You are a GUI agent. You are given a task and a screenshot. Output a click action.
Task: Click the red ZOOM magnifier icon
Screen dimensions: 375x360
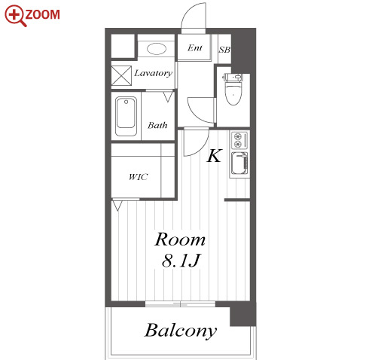point(16,16)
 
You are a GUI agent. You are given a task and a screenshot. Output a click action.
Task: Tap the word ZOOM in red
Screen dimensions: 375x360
point(43,14)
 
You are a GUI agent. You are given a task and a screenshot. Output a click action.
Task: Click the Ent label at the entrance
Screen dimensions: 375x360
point(195,47)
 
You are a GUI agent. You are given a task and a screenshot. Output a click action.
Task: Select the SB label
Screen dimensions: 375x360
point(224,50)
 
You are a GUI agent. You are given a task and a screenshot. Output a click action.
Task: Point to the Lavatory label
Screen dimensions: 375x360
point(153,73)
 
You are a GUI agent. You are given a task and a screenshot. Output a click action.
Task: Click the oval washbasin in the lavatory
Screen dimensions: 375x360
point(157,49)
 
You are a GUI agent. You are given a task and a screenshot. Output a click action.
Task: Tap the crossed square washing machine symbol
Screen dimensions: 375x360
point(121,75)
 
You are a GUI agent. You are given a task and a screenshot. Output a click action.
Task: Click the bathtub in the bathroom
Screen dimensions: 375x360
point(126,116)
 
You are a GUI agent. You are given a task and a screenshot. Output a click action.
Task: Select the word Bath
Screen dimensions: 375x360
point(157,125)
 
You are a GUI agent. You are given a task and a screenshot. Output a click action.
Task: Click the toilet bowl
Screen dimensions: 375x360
point(233,93)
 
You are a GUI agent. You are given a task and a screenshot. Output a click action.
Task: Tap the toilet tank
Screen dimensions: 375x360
point(233,77)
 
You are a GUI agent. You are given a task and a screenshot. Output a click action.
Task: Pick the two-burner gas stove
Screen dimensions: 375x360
point(239,140)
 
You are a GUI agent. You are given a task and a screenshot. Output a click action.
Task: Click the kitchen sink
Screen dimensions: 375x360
point(239,163)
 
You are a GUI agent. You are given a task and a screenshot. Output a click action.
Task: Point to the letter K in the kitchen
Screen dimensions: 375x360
point(214,156)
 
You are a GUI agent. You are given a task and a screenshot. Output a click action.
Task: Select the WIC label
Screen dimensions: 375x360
point(138,177)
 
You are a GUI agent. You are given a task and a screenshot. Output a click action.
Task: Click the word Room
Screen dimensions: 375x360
point(180,239)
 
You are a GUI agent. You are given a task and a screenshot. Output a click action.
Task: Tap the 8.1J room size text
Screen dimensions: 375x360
point(181,261)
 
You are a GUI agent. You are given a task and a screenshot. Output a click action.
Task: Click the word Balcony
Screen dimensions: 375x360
point(181,330)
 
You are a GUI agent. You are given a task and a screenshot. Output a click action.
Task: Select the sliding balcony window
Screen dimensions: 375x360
point(180,304)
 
